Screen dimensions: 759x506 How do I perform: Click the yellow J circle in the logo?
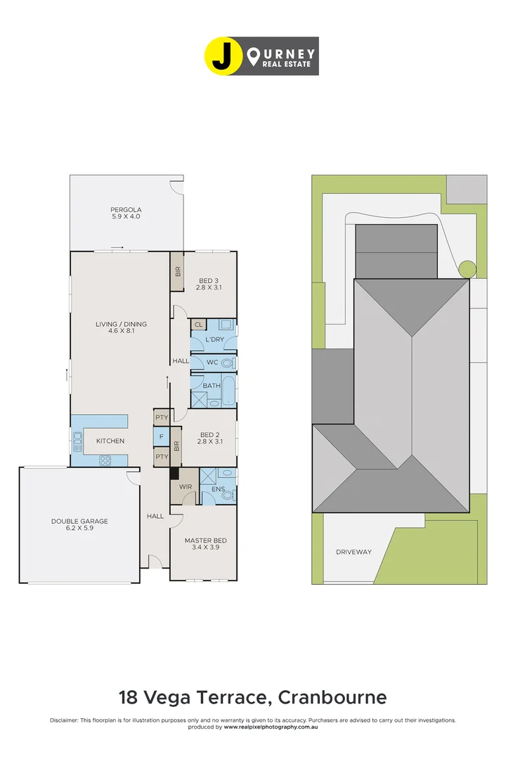tap(221, 56)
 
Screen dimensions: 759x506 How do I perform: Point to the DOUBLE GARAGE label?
tap(79, 521)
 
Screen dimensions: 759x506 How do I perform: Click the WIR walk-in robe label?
tap(185, 486)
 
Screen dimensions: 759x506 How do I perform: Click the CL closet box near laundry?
tap(198, 325)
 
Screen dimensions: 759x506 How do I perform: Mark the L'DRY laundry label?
tap(214, 339)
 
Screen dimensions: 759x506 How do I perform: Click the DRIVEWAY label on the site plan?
tap(353, 552)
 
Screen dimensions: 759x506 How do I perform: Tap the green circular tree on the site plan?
tap(467, 268)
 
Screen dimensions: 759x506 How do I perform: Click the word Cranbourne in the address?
tap(332, 697)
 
